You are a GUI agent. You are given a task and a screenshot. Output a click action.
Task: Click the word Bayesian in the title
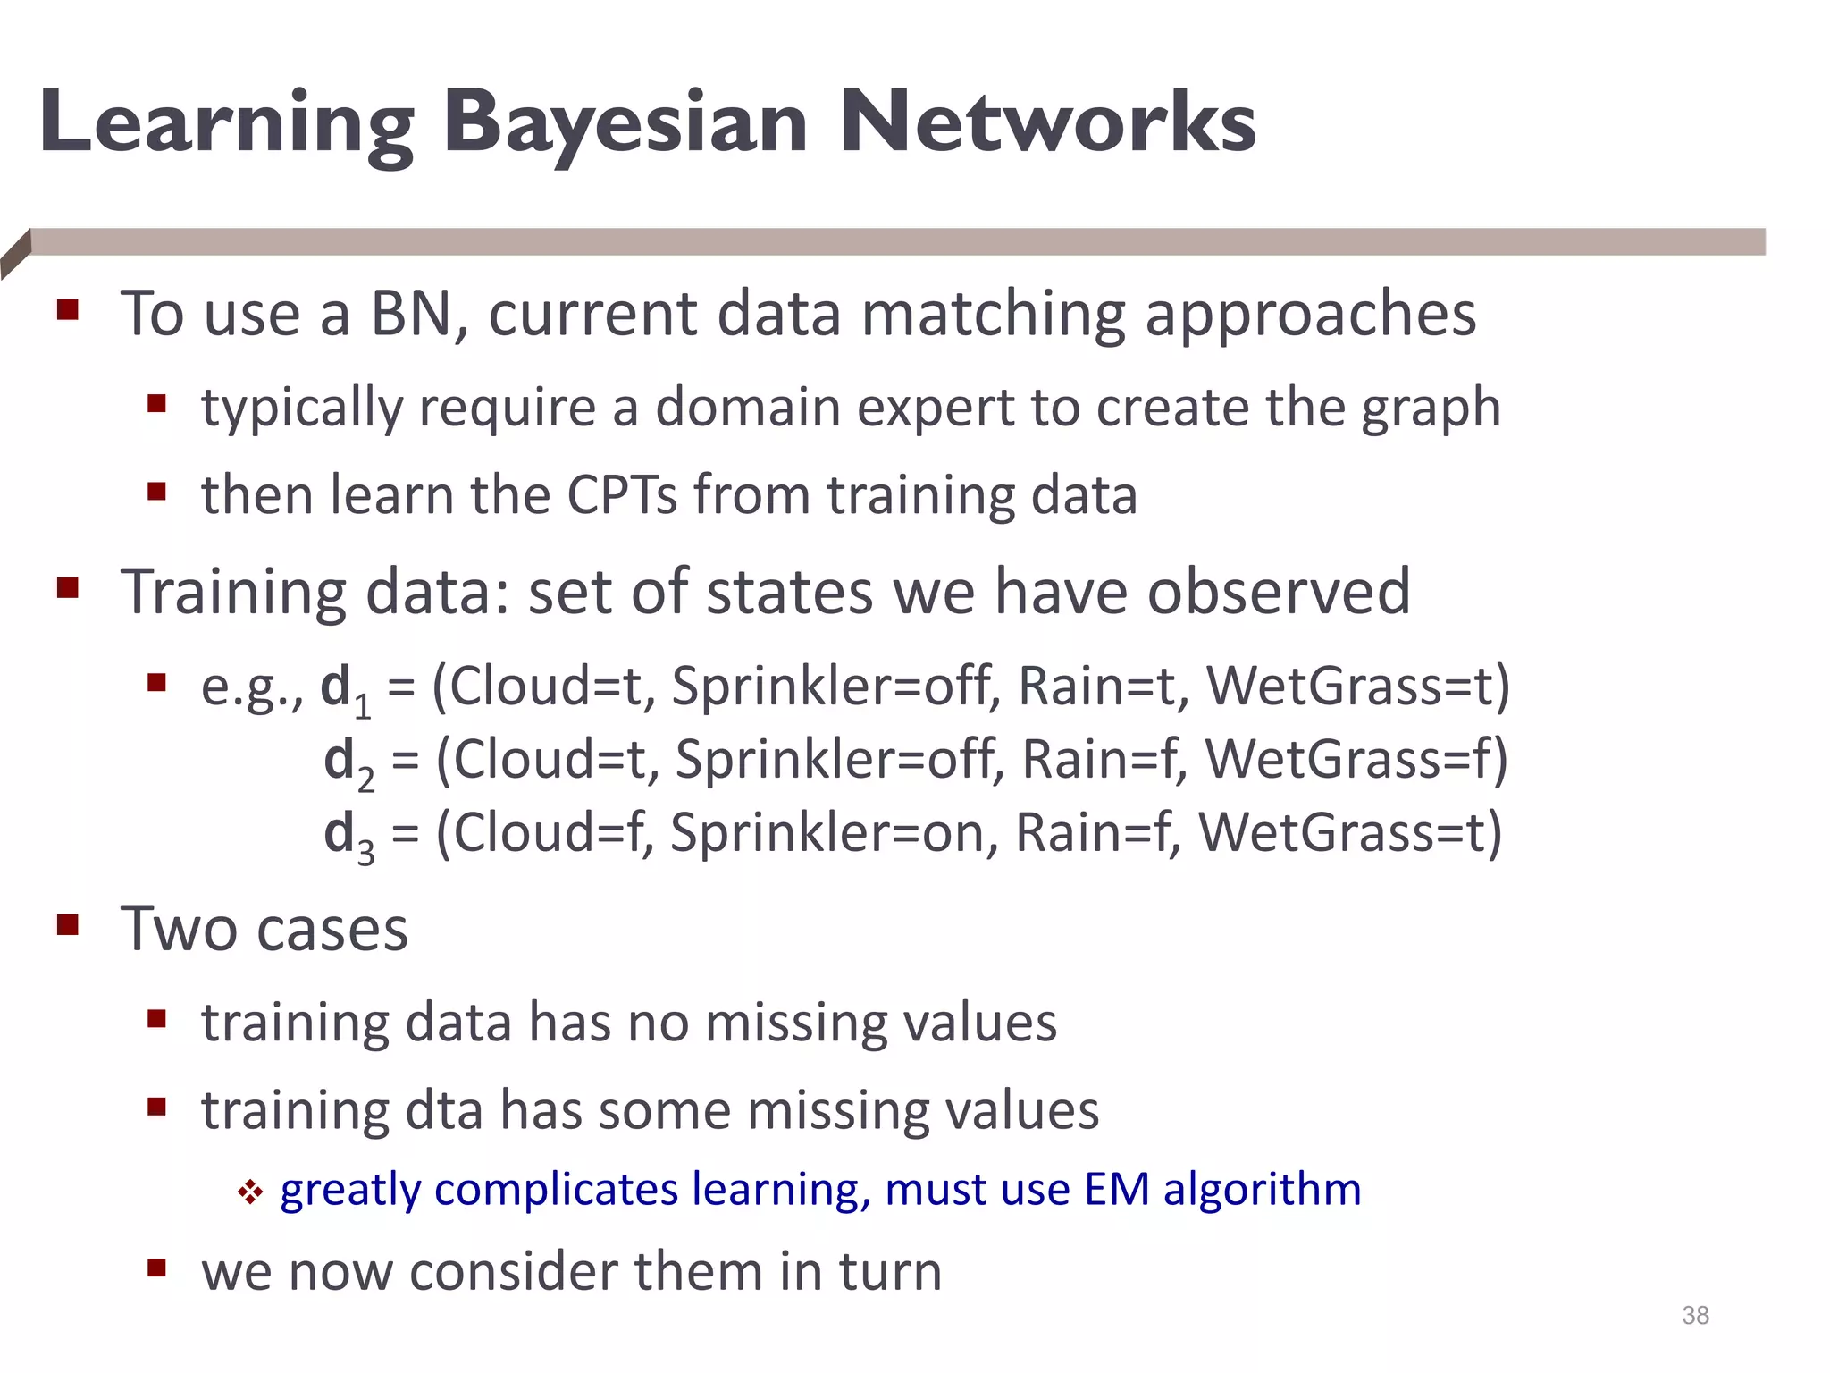625,122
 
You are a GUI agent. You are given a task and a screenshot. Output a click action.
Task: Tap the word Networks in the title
1047,122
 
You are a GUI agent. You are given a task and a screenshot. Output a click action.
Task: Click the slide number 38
1695,1315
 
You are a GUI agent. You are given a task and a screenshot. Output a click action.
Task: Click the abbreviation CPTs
622,494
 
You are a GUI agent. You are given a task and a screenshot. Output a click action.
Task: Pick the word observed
1278,592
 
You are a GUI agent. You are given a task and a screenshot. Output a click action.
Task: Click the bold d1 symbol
343,689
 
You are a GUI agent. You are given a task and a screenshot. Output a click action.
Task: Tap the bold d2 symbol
347,762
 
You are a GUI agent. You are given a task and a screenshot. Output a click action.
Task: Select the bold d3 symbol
347,836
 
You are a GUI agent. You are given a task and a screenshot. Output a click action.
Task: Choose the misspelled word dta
443,1110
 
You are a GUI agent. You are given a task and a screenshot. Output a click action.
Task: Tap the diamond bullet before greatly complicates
250,1192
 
